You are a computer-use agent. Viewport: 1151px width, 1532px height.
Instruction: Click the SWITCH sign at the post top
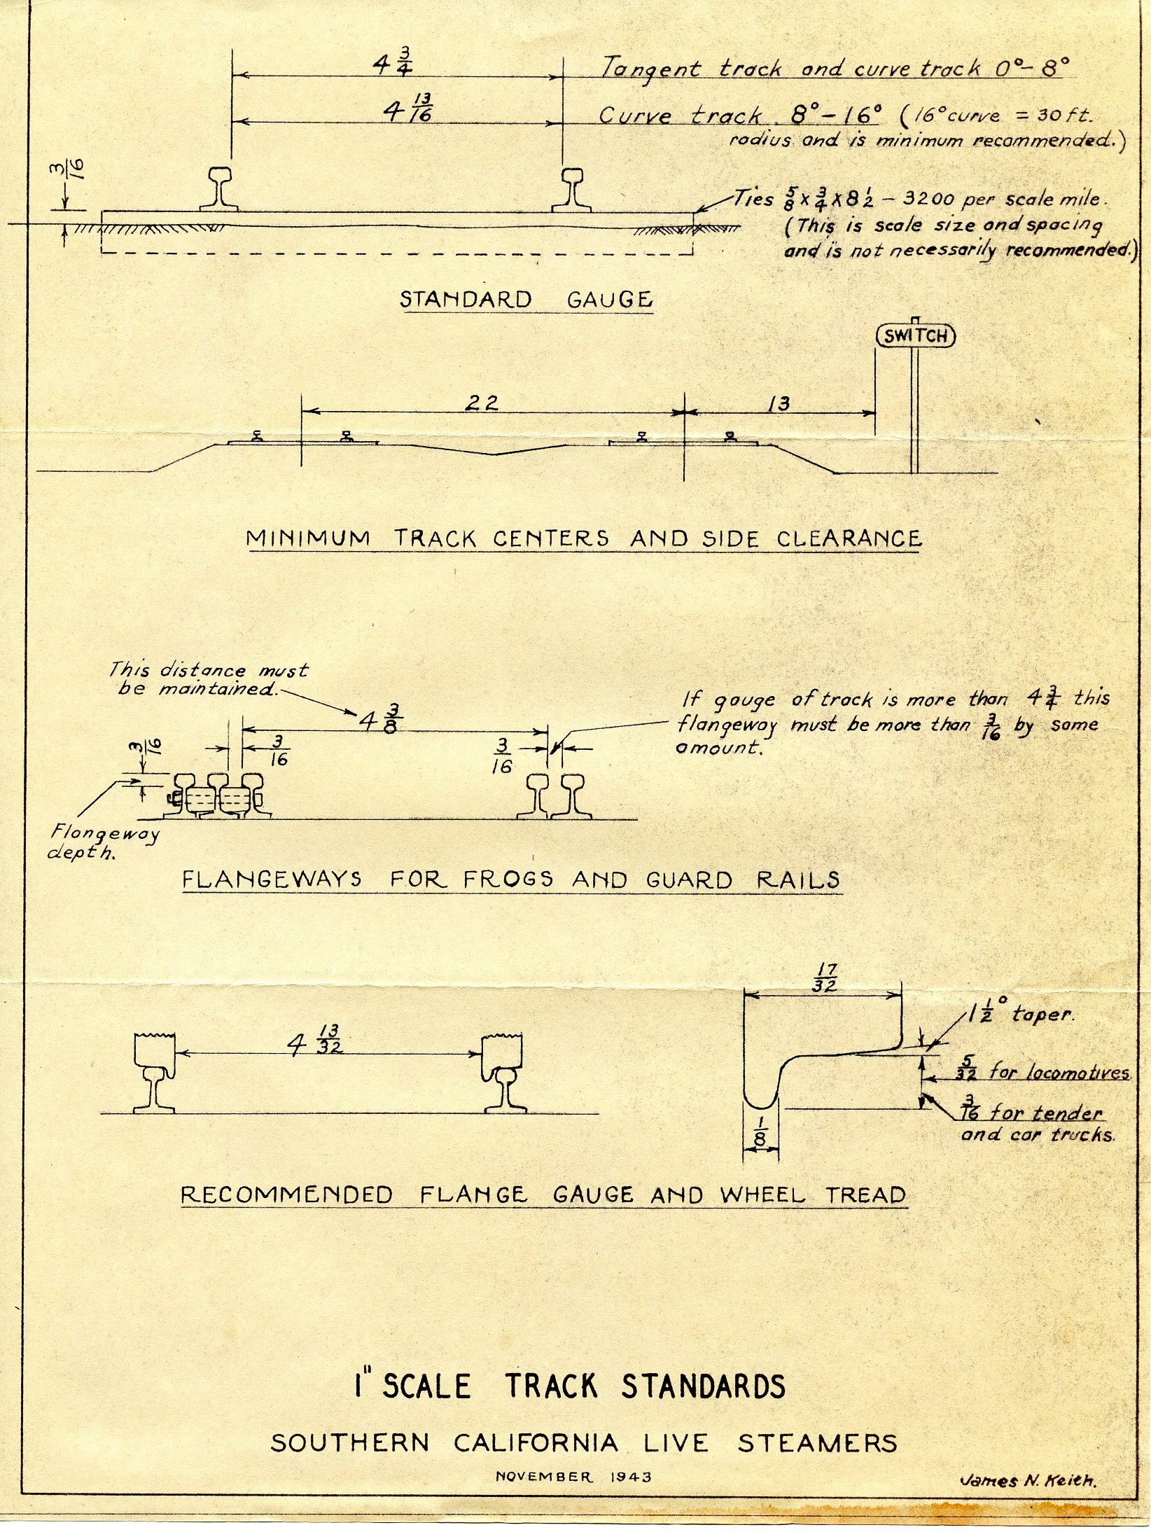[916, 336]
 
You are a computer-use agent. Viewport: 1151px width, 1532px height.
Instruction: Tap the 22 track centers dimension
[483, 403]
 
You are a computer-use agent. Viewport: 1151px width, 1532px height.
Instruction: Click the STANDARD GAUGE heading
[526, 300]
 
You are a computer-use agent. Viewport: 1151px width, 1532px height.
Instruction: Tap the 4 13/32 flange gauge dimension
[315, 1040]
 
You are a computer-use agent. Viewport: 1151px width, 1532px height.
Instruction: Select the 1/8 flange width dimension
[760, 1137]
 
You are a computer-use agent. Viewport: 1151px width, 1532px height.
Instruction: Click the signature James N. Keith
[1028, 1481]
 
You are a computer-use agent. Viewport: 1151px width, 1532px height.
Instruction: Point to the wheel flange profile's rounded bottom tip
[760, 1106]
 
